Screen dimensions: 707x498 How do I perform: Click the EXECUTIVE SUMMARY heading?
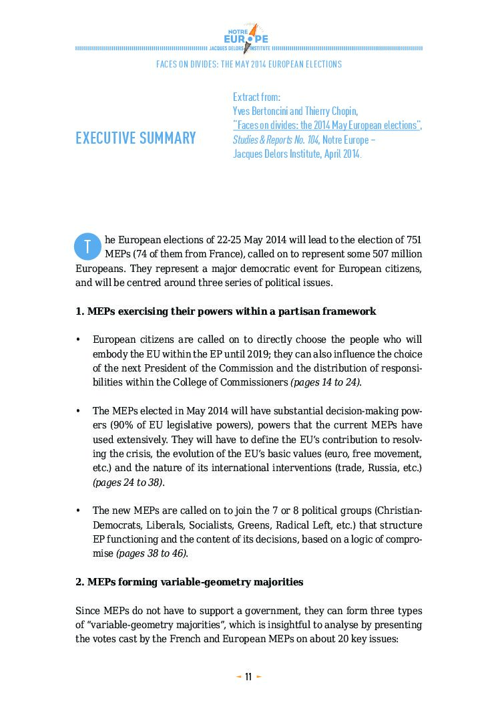click(x=136, y=138)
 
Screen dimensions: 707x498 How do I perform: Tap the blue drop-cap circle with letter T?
click(x=87, y=246)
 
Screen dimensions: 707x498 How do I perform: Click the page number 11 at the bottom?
click(x=248, y=677)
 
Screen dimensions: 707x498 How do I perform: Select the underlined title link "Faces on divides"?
click(x=327, y=126)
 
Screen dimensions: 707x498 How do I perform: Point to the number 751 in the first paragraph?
click(x=413, y=240)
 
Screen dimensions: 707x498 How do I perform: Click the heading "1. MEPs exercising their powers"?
click(x=226, y=311)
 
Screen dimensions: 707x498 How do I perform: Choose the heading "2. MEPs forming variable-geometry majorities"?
click(x=189, y=582)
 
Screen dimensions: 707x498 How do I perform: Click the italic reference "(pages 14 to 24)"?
click(x=326, y=382)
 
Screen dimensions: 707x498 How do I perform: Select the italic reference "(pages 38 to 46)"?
click(x=152, y=553)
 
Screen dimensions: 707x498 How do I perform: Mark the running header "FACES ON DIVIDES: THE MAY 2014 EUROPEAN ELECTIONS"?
click(x=248, y=64)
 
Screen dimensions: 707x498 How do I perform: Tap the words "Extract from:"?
click(x=256, y=97)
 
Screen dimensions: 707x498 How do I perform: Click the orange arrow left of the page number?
click(x=238, y=677)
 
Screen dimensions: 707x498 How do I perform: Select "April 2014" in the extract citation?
click(x=338, y=154)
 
